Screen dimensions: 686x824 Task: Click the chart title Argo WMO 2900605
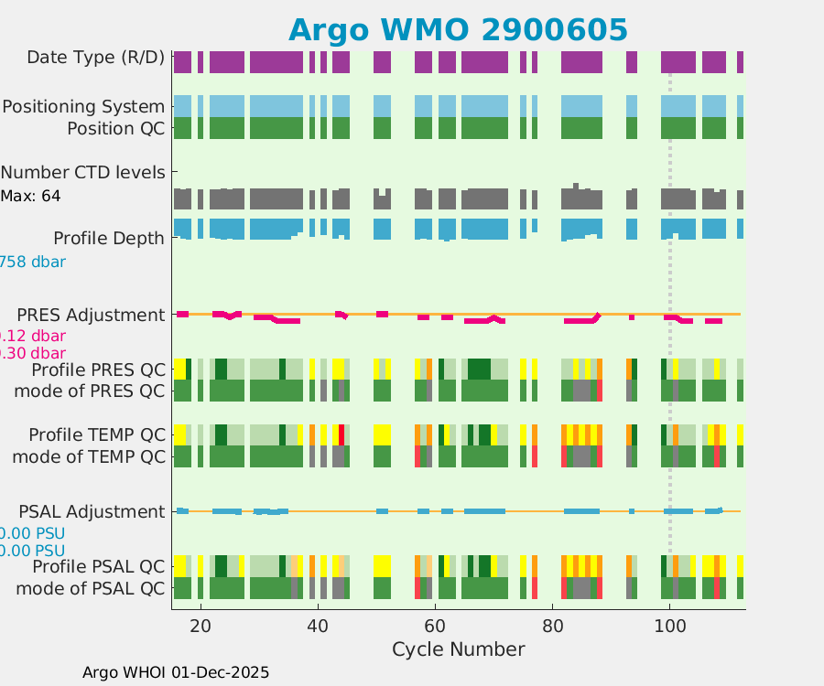pos(458,29)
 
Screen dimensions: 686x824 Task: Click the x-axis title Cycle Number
pos(458,649)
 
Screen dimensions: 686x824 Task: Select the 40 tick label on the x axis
pos(318,627)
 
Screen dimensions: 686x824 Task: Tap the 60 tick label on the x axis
pos(435,627)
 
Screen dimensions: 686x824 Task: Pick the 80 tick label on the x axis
pos(552,627)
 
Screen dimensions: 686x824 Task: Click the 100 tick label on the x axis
pos(669,627)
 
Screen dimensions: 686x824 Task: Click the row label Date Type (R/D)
pos(96,58)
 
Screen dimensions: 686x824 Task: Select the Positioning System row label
pos(83,107)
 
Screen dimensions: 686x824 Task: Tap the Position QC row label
pos(116,129)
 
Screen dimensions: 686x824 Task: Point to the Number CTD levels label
pos(83,172)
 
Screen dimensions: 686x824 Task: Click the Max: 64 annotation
pos(31,196)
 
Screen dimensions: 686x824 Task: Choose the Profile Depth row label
pos(109,239)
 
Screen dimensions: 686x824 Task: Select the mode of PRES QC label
pos(90,391)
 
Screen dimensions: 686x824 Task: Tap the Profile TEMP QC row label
pos(97,434)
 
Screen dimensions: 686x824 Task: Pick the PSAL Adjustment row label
pos(97,511)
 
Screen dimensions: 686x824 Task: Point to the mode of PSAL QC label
pos(91,588)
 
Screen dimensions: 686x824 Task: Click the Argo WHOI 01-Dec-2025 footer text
pos(176,672)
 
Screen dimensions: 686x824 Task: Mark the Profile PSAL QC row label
pos(99,567)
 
